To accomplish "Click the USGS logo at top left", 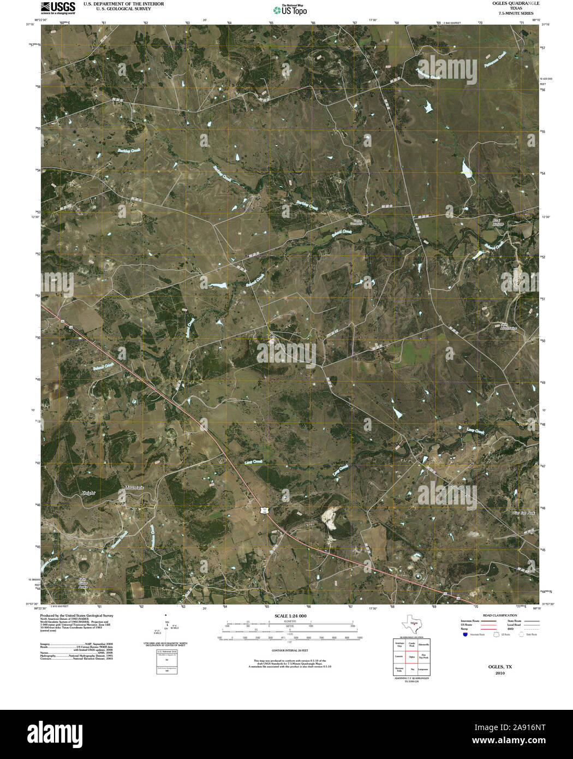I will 58,7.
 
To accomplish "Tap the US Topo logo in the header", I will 290,9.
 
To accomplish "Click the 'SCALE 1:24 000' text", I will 291,616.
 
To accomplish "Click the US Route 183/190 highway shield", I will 265,509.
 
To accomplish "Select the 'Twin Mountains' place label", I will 508,327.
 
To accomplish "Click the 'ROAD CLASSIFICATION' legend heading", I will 496,615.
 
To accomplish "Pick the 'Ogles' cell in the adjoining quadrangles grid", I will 411,657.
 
